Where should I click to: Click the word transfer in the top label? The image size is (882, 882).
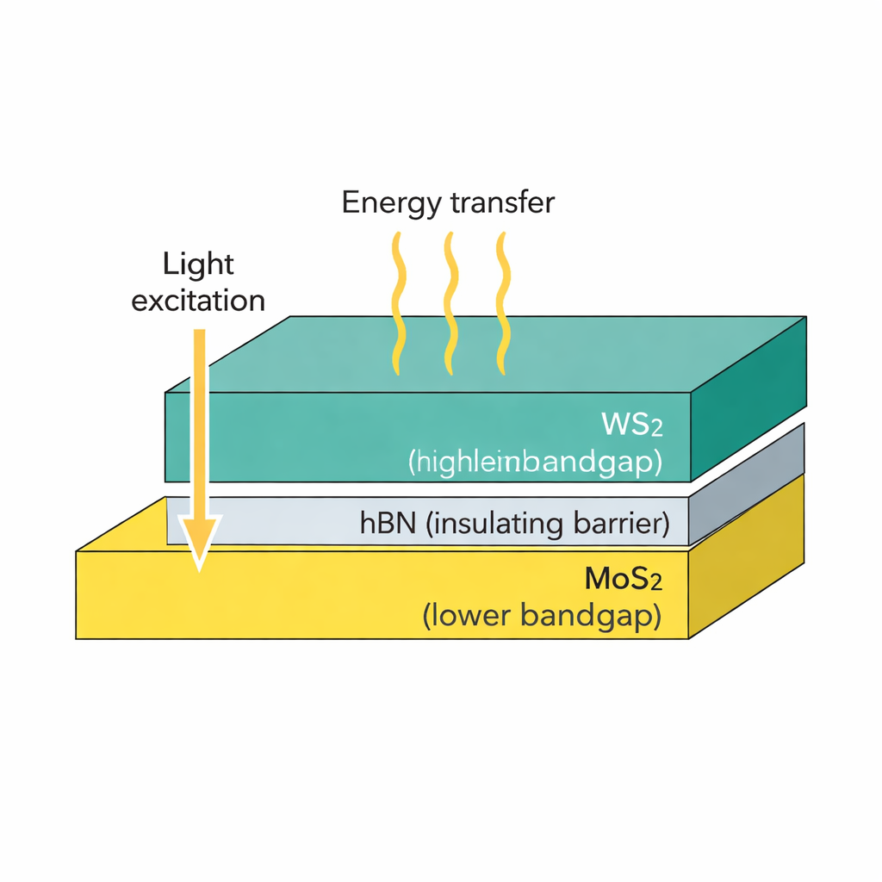click(x=502, y=203)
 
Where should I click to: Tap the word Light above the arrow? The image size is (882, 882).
click(x=197, y=264)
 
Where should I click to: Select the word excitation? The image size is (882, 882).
click(x=198, y=301)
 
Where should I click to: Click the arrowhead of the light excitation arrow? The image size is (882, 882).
click(x=199, y=538)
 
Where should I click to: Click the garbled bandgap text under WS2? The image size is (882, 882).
click(x=534, y=463)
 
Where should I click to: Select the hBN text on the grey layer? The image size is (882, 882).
click(x=387, y=524)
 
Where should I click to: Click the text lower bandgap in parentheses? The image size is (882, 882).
click(x=542, y=617)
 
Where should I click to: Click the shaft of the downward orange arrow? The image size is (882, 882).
click(x=199, y=413)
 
